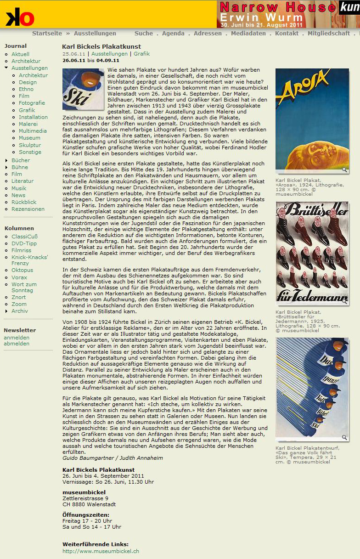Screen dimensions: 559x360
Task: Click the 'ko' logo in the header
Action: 20,17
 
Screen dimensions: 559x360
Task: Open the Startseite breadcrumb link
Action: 47,34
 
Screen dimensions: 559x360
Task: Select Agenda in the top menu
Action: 173,34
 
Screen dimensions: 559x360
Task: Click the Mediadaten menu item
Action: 248,34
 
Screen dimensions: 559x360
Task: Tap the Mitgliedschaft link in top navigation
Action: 328,34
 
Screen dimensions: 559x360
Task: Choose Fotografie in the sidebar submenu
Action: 32,103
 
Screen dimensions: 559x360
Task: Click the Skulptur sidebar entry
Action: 30,145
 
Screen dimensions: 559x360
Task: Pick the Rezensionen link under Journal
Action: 28,209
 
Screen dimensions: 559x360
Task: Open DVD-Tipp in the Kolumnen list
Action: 24,243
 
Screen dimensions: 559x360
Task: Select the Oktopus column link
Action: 22,271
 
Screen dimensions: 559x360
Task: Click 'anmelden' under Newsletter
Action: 17,338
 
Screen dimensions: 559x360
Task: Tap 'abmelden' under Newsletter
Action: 17,344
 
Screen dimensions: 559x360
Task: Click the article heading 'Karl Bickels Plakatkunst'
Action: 101,47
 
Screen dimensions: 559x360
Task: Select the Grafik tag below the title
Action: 142,54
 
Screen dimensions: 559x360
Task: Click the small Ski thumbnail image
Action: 83,89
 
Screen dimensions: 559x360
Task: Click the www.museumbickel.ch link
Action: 101,551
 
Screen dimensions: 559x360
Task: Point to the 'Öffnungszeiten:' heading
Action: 86,515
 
